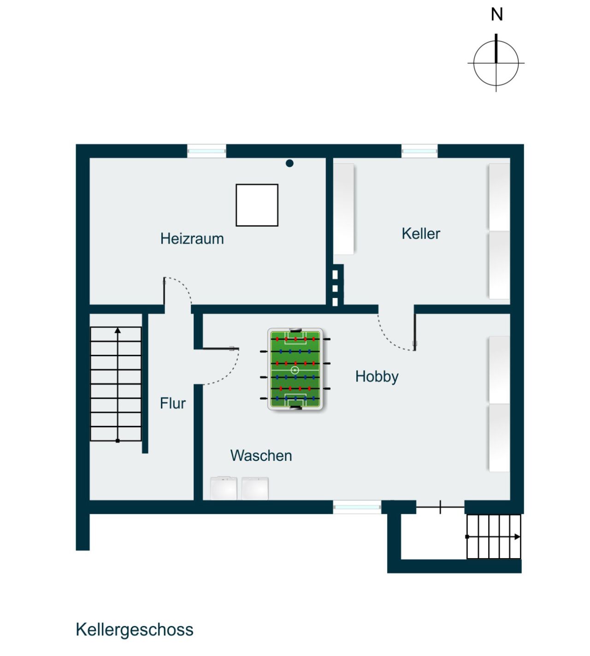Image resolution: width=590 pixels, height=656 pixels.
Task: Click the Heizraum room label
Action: [x=192, y=239]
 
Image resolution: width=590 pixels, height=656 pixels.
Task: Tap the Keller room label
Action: [x=420, y=233]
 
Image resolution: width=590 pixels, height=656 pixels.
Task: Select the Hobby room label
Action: [x=377, y=376]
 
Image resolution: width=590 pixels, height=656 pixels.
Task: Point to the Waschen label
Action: [x=261, y=456]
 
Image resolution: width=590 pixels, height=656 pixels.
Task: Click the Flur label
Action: [x=172, y=403]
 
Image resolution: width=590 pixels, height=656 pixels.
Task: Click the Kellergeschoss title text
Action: [x=134, y=630]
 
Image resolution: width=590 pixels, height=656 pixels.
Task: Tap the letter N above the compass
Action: [x=496, y=15]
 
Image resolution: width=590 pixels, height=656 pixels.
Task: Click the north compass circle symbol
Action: [x=496, y=63]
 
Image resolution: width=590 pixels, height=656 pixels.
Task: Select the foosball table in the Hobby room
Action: [x=295, y=369]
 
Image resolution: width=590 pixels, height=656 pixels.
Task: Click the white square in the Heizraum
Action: [x=257, y=205]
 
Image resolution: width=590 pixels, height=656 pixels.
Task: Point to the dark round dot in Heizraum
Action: [x=289, y=163]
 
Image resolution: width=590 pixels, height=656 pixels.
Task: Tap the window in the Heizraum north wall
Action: [x=206, y=151]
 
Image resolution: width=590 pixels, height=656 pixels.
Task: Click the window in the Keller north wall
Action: [x=419, y=151]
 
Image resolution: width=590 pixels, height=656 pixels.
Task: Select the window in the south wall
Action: [x=357, y=507]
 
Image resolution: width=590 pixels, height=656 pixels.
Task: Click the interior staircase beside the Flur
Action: [x=116, y=384]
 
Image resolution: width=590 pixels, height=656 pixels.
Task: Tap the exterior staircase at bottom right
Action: [x=493, y=537]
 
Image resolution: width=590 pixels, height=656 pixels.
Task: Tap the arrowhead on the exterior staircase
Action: [x=517, y=537]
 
